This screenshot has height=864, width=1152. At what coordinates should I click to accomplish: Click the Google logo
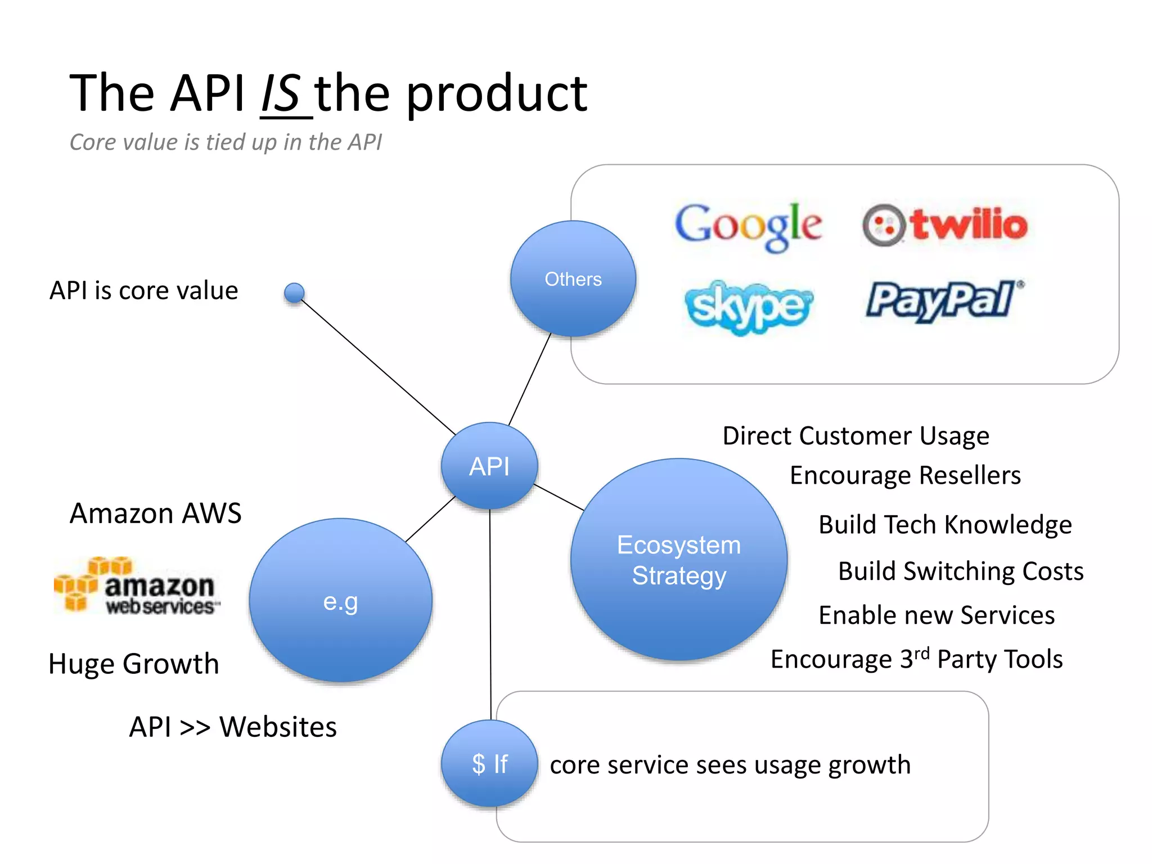click(x=748, y=226)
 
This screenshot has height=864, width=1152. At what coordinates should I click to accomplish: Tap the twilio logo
click(x=945, y=225)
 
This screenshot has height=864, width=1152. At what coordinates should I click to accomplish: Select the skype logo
click(x=748, y=307)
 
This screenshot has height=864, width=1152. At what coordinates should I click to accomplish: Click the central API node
click(x=489, y=466)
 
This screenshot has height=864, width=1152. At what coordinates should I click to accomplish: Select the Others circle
click(x=573, y=279)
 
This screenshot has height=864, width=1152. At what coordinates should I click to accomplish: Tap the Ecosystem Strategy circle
click(x=679, y=560)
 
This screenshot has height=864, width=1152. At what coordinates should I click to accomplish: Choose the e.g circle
click(x=341, y=601)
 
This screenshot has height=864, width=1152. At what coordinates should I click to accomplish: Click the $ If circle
click(x=489, y=763)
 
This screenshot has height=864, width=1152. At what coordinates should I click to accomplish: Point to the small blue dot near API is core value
click(x=294, y=292)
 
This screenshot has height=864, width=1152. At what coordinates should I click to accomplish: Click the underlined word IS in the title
click(x=281, y=93)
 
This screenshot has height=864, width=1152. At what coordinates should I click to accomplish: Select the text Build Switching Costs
click(x=960, y=571)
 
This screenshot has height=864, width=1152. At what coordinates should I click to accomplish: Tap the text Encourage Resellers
click(x=904, y=475)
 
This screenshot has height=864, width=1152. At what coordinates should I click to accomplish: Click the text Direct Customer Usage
click(x=855, y=436)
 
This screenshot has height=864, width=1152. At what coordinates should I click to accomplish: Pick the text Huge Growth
click(x=134, y=664)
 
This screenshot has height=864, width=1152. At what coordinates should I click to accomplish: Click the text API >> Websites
click(x=233, y=727)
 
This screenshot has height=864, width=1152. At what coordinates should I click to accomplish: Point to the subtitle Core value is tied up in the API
click(x=226, y=142)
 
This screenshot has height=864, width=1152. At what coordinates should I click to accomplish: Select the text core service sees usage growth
click(x=730, y=765)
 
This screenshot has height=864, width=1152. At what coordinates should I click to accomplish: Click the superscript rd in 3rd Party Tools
click(x=921, y=653)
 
